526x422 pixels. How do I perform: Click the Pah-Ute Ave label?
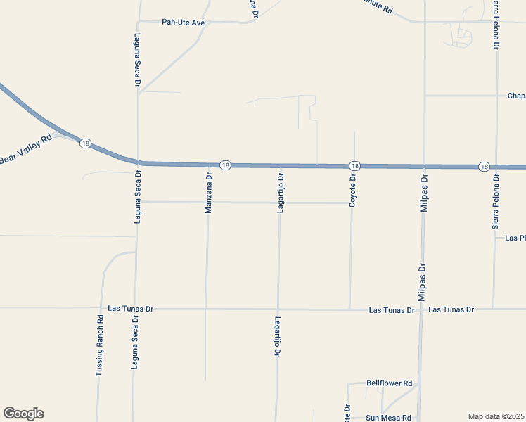[183, 23]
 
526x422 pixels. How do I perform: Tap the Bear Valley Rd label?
[26, 149]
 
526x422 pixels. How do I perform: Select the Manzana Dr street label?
[209, 193]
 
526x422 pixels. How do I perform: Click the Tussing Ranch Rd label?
[100, 344]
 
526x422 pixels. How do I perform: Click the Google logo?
[23, 414]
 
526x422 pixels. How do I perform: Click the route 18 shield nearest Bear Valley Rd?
[85, 143]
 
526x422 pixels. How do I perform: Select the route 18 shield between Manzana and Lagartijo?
[225, 165]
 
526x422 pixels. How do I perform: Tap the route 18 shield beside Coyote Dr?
[354, 165]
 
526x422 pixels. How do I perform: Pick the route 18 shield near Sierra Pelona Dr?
[484, 167]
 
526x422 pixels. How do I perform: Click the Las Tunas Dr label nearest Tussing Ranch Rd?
[131, 309]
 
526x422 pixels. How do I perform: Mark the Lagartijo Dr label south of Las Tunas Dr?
[276, 338]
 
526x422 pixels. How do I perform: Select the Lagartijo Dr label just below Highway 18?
[280, 193]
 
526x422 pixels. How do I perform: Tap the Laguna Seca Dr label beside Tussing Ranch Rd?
[135, 343]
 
